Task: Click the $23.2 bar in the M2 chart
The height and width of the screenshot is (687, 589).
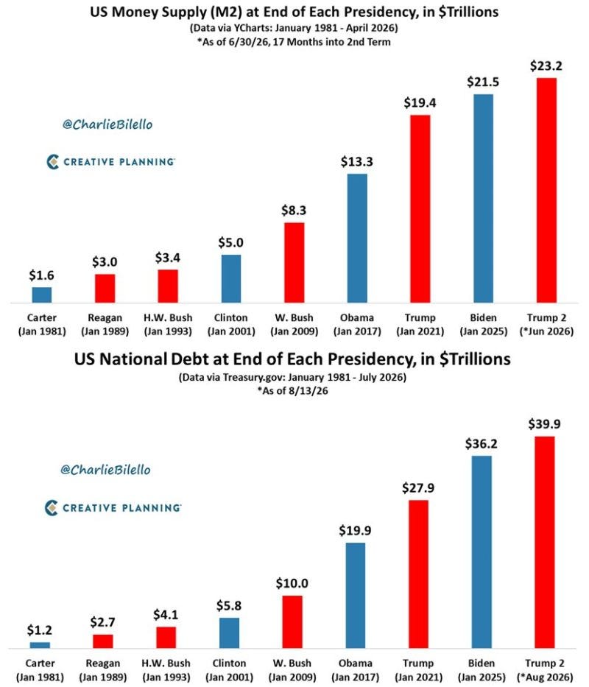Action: (x=546, y=190)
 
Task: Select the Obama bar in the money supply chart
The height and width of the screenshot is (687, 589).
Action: (x=357, y=239)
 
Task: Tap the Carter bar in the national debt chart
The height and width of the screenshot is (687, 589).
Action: (x=40, y=645)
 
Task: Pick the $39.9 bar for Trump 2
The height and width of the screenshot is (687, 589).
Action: (x=544, y=542)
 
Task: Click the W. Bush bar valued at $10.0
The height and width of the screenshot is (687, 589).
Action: (x=292, y=621)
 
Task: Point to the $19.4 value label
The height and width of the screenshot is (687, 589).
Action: (x=420, y=103)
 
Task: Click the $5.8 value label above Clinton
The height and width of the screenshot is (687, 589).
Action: (x=229, y=605)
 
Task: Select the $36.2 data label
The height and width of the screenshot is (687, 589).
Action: (x=482, y=444)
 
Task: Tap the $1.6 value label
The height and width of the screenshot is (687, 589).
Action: (x=42, y=275)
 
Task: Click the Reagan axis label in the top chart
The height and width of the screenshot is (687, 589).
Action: (x=105, y=317)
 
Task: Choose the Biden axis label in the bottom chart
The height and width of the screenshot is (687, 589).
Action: (x=482, y=663)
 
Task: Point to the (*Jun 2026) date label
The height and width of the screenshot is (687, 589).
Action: (x=546, y=331)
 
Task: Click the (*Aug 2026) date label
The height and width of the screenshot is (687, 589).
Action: (x=545, y=677)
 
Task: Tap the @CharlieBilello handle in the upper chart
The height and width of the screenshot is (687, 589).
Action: (x=107, y=124)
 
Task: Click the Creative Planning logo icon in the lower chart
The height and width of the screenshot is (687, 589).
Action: (x=52, y=508)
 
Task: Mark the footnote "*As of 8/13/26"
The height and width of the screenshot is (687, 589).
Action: (x=292, y=391)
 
